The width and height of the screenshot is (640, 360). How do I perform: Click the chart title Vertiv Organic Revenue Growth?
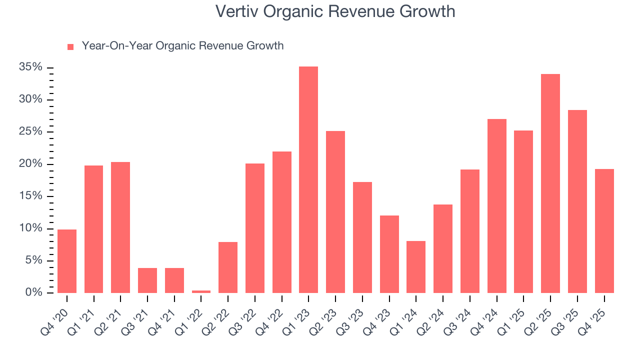pyautogui.click(x=335, y=11)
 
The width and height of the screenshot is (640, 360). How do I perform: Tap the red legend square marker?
pyautogui.click(x=70, y=46)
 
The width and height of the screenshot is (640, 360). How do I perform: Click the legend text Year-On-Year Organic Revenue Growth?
pyautogui.click(x=182, y=46)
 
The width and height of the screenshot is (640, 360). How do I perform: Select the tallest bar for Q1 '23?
pyautogui.click(x=308, y=180)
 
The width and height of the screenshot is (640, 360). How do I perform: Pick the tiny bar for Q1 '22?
pyautogui.click(x=201, y=291)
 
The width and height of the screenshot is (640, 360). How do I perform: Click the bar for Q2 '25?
pyautogui.click(x=550, y=183)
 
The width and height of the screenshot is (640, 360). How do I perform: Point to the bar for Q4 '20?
pyautogui.click(x=67, y=261)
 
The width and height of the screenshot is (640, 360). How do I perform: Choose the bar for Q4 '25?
pyautogui.click(x=604, y=231)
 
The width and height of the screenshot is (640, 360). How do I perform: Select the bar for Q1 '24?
pyautogui.click(x=416, y=267)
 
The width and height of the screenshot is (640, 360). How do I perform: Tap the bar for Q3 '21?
pyautogui.click(x=147, y=280)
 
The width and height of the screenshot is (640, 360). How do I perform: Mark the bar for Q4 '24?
pyautogui.click(x=496, y=206)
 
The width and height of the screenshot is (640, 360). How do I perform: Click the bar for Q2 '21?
pyautogui.click(x=120, y=227)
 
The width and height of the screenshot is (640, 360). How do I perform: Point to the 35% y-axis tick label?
pyautogui.click(x=30, y=67)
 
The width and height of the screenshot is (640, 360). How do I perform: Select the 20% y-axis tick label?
pyautogui.click(x=30, y=164)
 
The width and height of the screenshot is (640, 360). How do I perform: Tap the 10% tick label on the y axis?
pyautogui.click(x=30, y=228)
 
